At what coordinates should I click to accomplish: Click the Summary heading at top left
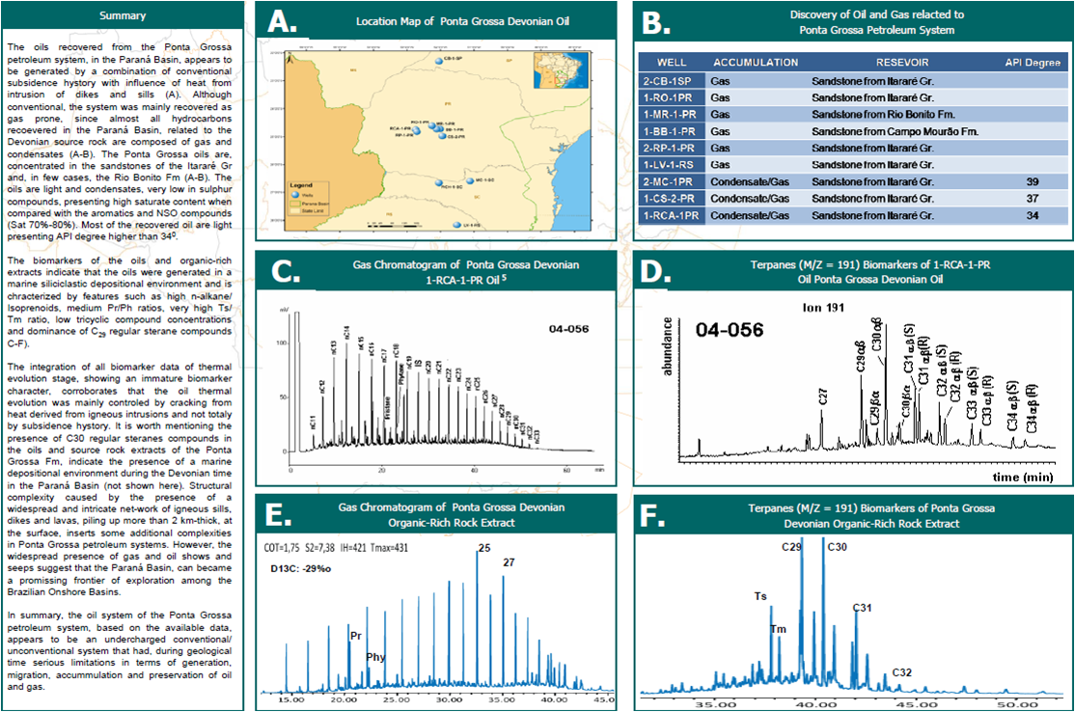coord(123,15)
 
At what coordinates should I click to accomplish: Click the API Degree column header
coord(1033,62)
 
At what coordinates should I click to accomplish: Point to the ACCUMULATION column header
coord(756,62)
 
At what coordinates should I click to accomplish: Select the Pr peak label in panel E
coord(356,636)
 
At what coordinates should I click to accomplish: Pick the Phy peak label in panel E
coord(376,657)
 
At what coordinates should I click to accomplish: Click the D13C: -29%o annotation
coord(299,568)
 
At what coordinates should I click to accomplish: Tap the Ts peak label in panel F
coord(760,596)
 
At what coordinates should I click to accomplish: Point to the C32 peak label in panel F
coord(902,671)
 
